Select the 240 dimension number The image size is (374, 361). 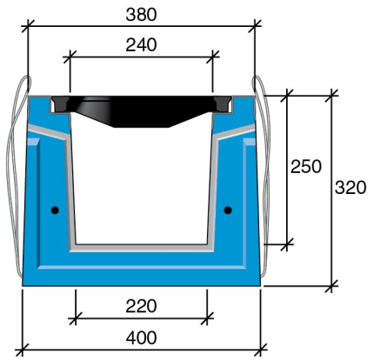click(x=141, y=45)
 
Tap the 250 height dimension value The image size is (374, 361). click(x=306, y=166)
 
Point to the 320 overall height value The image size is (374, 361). click(x=351, y=187)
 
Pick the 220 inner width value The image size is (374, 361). click(x=141, y=306)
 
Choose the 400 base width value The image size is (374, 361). click(x=141, y=338)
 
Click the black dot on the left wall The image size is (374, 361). click(x=55, y=210)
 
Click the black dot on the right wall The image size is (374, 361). click(x=228, y=210)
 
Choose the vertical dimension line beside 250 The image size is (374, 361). click(x=288, y=209)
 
